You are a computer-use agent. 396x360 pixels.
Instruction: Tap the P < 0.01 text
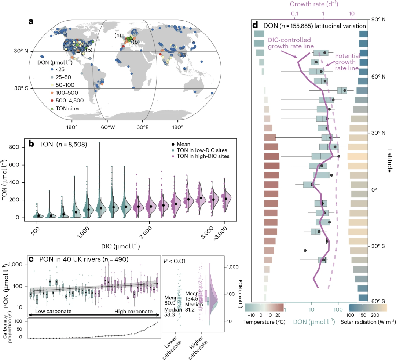(x=176, y=261)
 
